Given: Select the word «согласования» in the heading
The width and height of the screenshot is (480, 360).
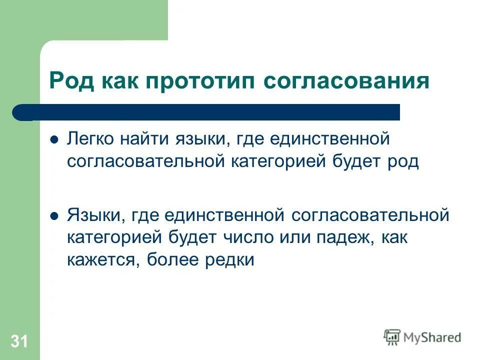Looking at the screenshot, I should click(x=346, y=80).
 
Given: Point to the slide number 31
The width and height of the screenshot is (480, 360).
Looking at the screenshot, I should click(x=19, y=342).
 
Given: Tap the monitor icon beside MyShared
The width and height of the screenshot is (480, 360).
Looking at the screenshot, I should click(x=392, y=337).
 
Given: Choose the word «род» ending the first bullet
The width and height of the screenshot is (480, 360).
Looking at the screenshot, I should click(x=402, y=162).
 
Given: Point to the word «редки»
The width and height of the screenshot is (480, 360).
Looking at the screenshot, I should click(x=230, y=260).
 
